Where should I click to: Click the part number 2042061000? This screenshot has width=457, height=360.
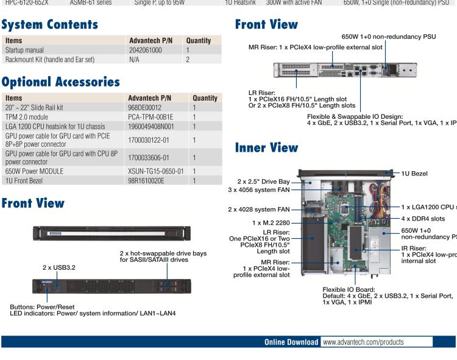(x=146, y=50)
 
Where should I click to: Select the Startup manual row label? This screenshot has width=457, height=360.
(x=25, y=50)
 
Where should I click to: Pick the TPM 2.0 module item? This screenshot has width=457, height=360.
(x=27, y=117)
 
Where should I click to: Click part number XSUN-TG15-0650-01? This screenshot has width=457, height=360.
(x=155, y=171)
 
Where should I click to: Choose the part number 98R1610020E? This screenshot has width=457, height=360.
(x=146, y=181)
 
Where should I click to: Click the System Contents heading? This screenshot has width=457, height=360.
(x=49, y=25)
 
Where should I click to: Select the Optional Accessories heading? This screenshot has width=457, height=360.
(x=60, y=82)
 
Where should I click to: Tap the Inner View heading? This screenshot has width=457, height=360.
(x=266, y=147)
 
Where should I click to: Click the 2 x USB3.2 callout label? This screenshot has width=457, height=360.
(x=59, y=267)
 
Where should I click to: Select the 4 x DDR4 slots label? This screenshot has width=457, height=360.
(x=423, y=218)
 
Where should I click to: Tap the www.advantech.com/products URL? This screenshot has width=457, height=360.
(x=363, y=342)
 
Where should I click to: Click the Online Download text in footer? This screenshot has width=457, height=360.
(x=291, y=342)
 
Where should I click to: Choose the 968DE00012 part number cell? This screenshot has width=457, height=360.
(x=145, y=107)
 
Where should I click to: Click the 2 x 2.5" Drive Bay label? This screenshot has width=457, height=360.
(x=263, y=181)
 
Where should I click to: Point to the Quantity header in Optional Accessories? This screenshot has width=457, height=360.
(x=205, y=97)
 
